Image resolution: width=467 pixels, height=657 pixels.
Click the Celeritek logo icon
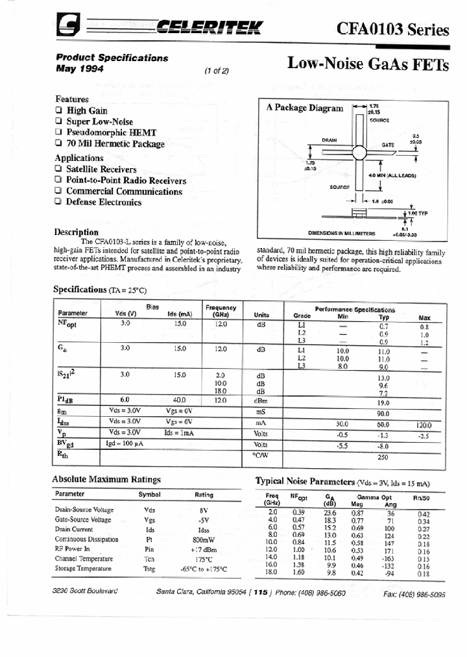click(67, 27)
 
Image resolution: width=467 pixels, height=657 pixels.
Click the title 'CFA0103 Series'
click(392, 29)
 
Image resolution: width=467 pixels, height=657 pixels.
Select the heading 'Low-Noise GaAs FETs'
click(368, 63)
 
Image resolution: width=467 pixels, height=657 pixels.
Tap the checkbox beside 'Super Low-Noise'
click(59, 121)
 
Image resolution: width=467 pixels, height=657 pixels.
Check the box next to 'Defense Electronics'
click(59, 202)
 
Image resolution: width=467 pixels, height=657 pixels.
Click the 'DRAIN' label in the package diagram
click(329, 140)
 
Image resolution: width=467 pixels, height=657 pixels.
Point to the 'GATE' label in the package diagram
click(388, 145)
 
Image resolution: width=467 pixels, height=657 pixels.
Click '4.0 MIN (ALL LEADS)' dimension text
click(392, 176)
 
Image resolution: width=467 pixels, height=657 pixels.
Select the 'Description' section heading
click(77, 232)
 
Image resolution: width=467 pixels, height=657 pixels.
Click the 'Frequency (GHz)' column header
click(221, 310)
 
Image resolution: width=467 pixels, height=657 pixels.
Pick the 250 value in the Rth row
click(383, 457)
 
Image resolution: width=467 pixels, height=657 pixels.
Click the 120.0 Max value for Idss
click(424, 424)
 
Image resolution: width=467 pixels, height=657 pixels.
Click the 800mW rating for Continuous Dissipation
click(203, 539)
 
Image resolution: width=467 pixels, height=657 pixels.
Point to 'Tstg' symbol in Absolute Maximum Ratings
click(150, 569)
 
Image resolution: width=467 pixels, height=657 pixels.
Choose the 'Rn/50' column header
click(422, 498)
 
